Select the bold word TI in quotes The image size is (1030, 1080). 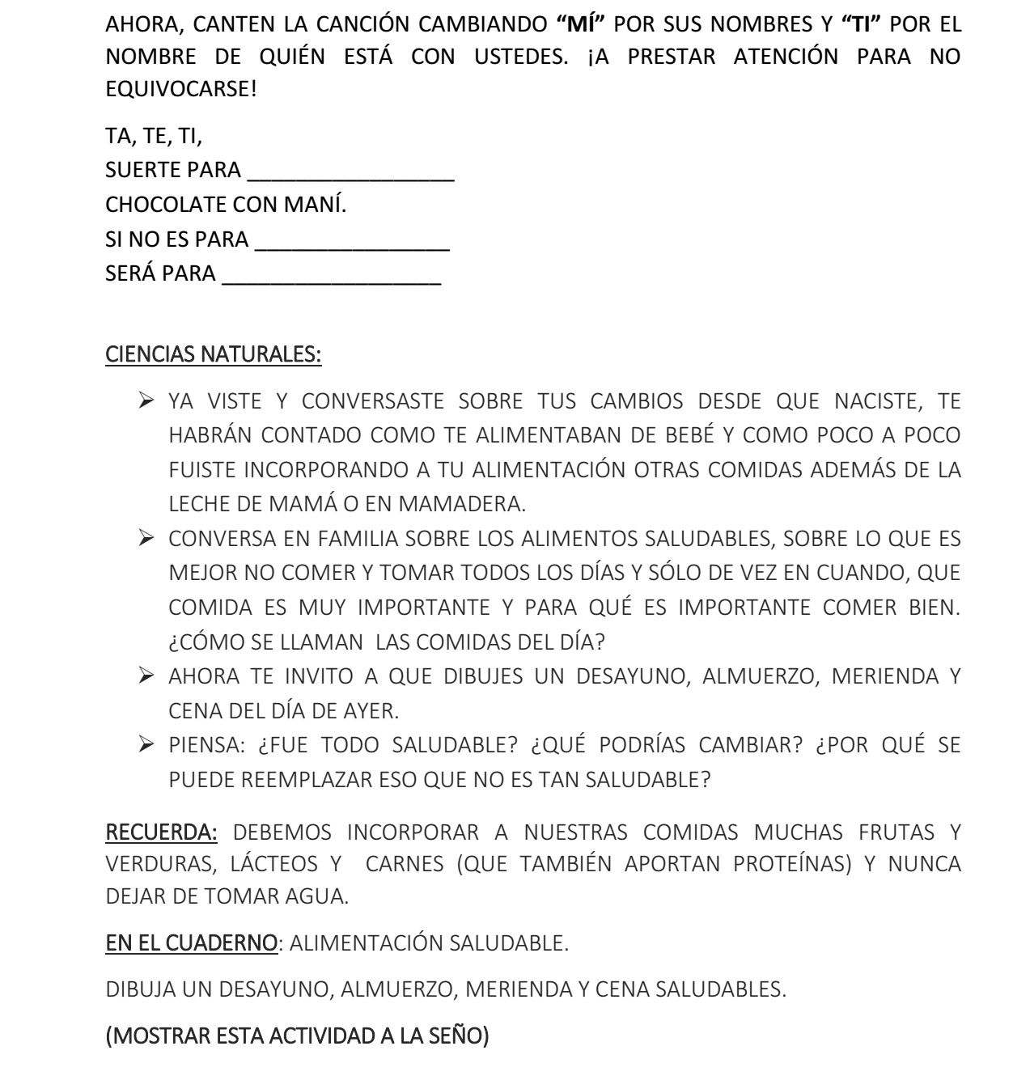point(866,23)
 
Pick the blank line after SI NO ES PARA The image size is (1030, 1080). point(352,242)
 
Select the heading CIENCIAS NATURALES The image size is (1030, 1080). point(214,354)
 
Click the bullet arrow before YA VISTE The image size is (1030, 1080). point(146,400)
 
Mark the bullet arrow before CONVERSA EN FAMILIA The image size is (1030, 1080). point(146,538)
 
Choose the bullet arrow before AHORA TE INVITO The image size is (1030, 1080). point(146,676)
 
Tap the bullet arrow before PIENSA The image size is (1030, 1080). point(146,744)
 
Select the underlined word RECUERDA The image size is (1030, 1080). point(161,832)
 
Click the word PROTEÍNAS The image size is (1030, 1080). point(793,864)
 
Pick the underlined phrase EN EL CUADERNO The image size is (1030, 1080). point(192,943)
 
